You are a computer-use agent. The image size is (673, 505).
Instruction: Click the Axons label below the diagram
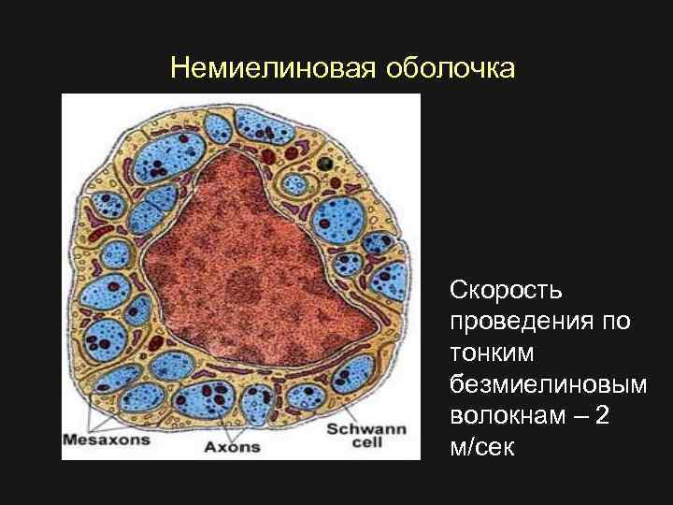tap(232, 446)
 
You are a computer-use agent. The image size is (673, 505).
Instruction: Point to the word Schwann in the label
tap(365, 429)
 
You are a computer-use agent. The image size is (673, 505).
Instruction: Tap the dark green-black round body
tap(324, 165)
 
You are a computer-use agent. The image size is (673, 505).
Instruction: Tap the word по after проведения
tap(616, 322)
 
